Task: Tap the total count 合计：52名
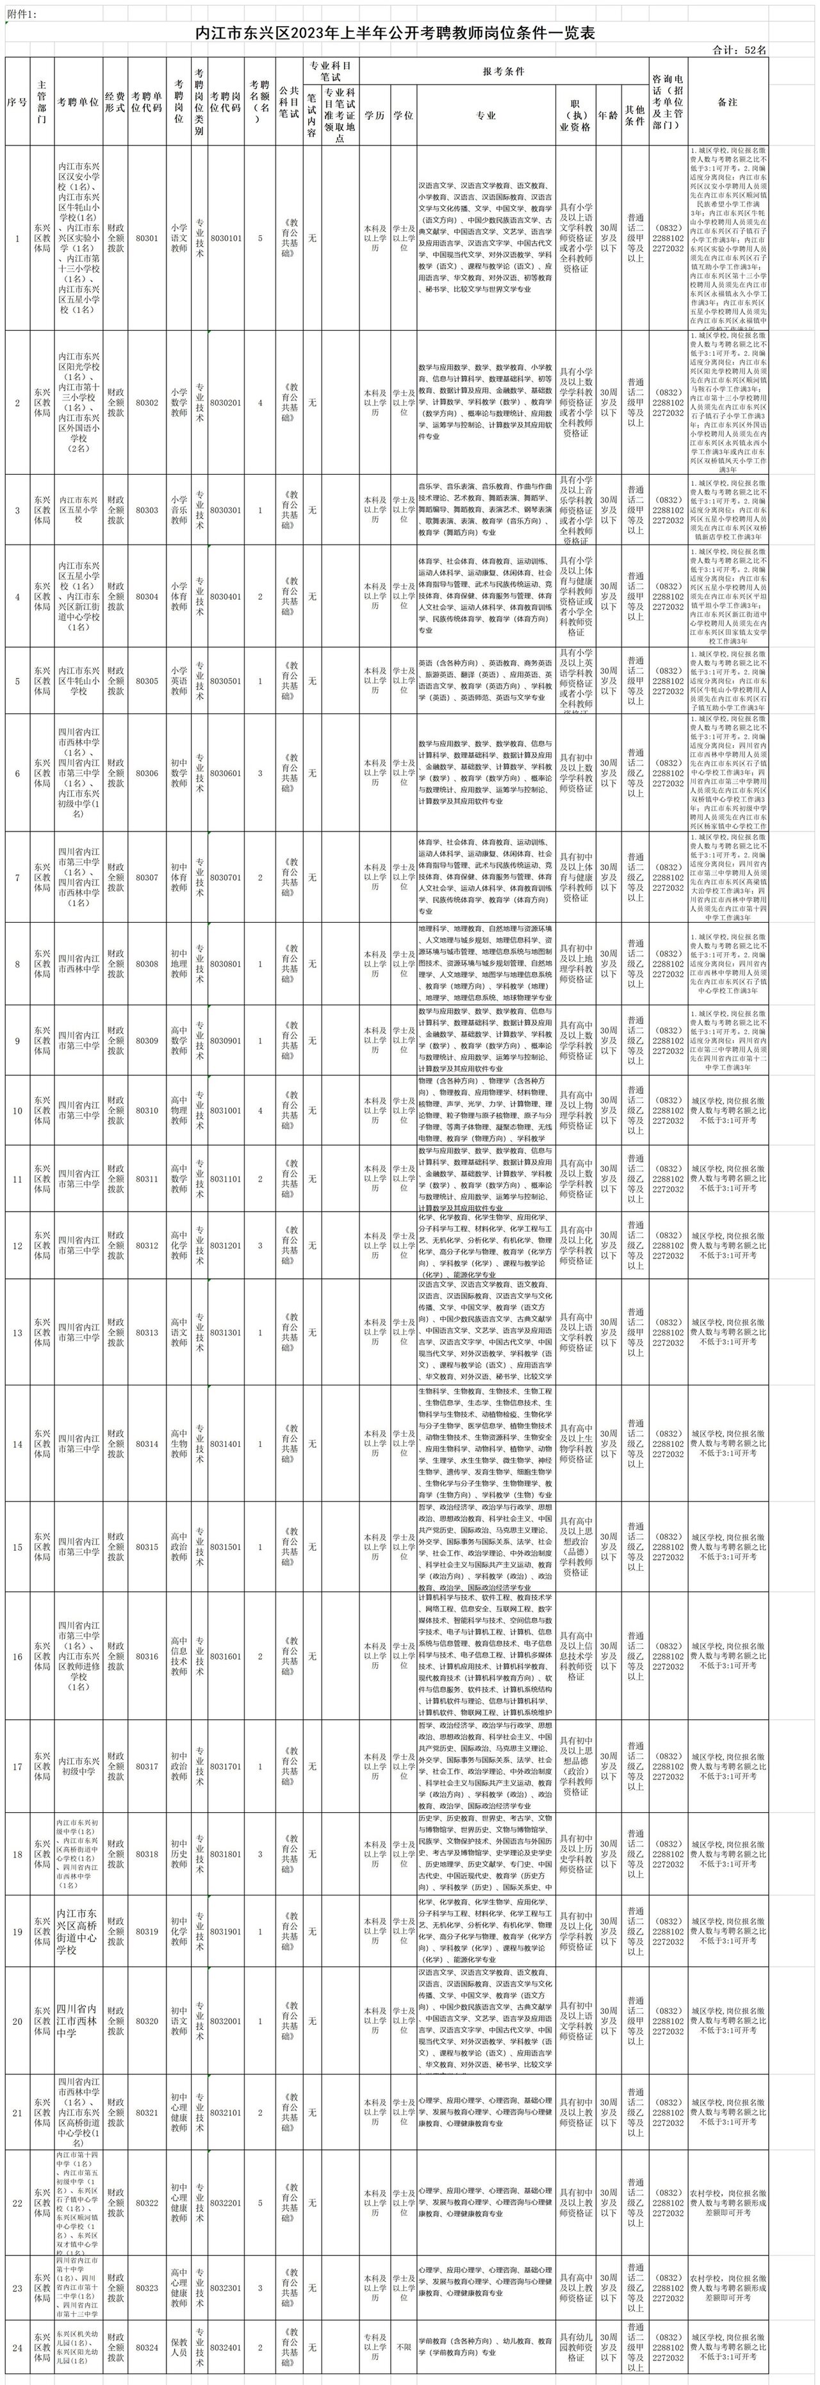point(741,50)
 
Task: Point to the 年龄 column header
point(608,117)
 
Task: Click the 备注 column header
point(728,102)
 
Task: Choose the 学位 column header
point(404,117)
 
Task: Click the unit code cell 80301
point(146,238)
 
